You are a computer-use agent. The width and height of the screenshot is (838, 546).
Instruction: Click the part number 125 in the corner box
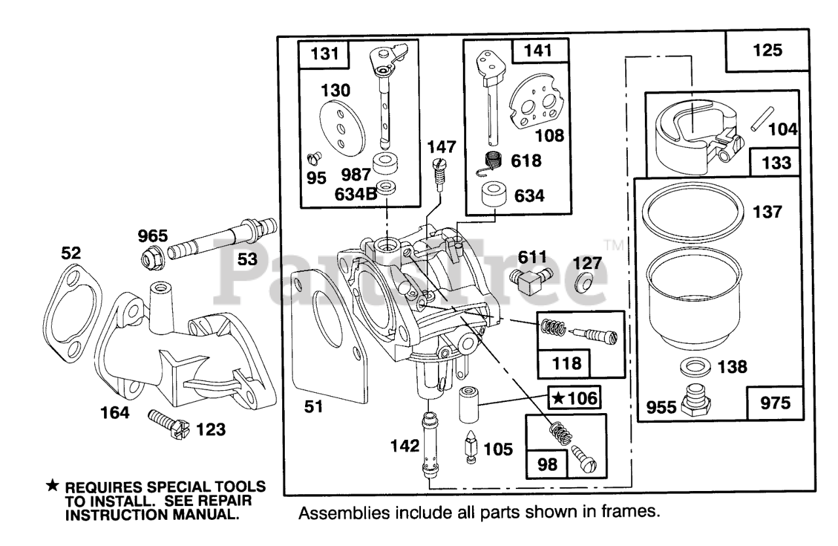coord(767,50)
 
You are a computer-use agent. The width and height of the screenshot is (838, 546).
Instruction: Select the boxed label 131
coord(324,54)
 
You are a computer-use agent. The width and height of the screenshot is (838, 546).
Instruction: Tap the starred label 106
coord(575,398)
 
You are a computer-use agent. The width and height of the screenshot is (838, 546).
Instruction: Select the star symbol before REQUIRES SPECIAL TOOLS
coord(53,486)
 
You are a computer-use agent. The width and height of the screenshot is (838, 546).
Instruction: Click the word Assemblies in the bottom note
coord(344,513)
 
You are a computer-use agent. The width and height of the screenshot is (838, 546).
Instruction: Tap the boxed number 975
coord(775,403)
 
